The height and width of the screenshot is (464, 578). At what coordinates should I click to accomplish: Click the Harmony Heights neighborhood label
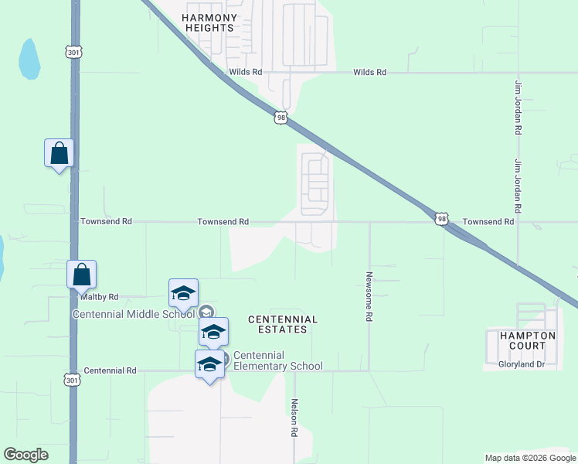pyautogui.click(x=209, y=22)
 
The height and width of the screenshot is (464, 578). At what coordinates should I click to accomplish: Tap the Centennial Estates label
pyautogui.click(x=282, y=324)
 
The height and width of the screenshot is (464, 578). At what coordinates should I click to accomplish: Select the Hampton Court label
pyautogui.click(x=528, y=340)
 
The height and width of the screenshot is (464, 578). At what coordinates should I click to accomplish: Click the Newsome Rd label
pyautogui.click(x=369, y=296)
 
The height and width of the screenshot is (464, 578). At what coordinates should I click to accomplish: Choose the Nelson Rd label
pyautogui.click(x=294, y=418)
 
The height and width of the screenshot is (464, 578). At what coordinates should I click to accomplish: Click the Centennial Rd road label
pyautogui.click(x=110, y=371)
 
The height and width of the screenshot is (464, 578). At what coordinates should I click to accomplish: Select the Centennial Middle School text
pyautogui.click(x=134, y=314)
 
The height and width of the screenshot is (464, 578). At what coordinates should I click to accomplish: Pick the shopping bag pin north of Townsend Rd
pyautogui.click(x=59, y=154)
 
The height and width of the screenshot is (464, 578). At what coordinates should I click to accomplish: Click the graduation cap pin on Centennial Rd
pyautogui.click(x=209, y=364)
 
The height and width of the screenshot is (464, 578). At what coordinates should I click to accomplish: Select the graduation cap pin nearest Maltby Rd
pyautogui.click(x=183, y=294)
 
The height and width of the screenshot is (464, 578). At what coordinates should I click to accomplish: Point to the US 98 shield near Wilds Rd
pyautogui.click(x=280, y=116)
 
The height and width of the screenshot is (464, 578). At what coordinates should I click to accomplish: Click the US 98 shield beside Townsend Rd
pyautogui.click(x=440, y=220)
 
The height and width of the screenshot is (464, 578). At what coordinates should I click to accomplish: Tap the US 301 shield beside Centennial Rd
pyautogui.click(x=72, y=380)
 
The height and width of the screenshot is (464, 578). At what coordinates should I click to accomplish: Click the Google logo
pyautogui.click(x=25, y=455)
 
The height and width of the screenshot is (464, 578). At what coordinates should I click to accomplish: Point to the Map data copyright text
pyautogui.click(x=530, y=458)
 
